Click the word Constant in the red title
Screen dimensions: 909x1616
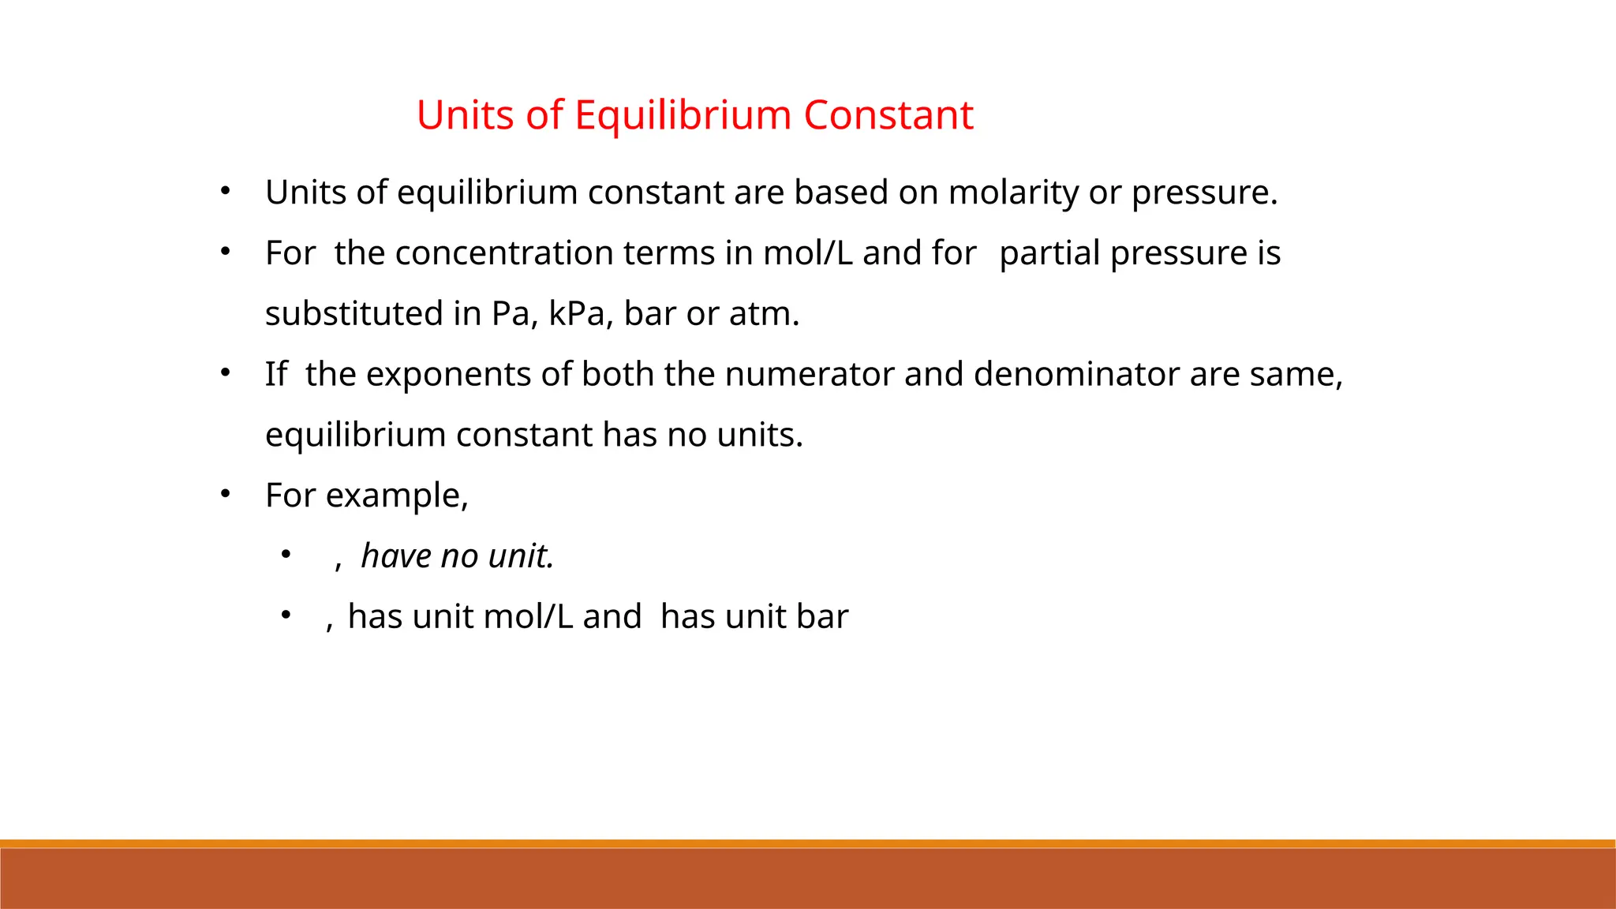point(888,115)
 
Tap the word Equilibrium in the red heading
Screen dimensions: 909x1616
point(683,115)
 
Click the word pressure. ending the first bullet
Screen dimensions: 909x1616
point(1204,193)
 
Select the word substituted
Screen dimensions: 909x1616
point(354,314)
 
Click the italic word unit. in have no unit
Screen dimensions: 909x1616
point(521,556)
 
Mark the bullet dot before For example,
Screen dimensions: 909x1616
point(225,494)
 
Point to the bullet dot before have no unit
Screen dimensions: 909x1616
point(286,555)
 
